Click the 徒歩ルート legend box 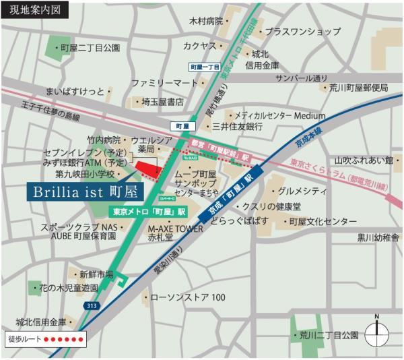click(x=45, y=338)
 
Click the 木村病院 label click(x=206, y=22)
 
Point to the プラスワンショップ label click(x=302, y=31)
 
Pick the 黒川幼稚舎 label click(x=378, y=237)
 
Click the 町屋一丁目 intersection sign click(x=205, y=67)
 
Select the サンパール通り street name click(x=302, y=78)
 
